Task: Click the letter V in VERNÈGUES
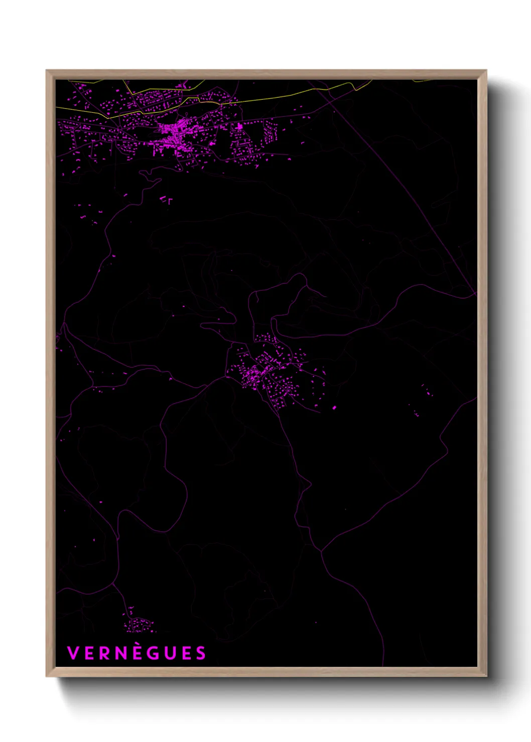pyautogui.click(x=73, y=653)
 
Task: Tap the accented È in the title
pyautogui.click(x=137, y=653)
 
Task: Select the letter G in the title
pyautogui.click(x=153, y=653)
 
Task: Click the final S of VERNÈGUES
pyautogui.click(x=201, y=653)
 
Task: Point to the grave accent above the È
pyautogui.click(x=136, y=646)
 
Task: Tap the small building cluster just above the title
pyautogui.click(x=138, y=624)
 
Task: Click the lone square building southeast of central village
pyautogui.click(x=334, y=408)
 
